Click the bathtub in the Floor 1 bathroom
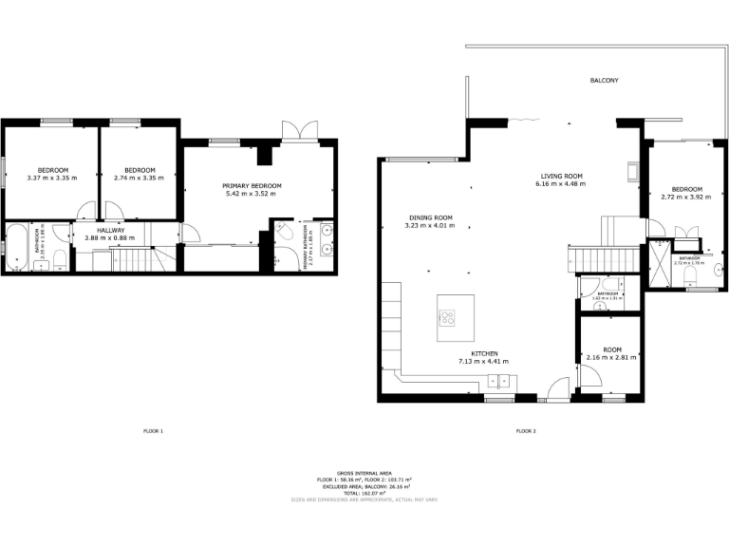(17, 247)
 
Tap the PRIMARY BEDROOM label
(252, 185)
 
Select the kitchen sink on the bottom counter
(498, 381)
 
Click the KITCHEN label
(484, 353)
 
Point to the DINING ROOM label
(430, 217)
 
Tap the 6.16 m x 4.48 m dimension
(561, 184)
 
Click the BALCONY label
(604, 81)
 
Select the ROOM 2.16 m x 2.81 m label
(610, 352)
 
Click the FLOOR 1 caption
(152, 431)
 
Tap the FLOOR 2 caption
(526, 431)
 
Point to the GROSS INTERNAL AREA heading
(364, 472)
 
